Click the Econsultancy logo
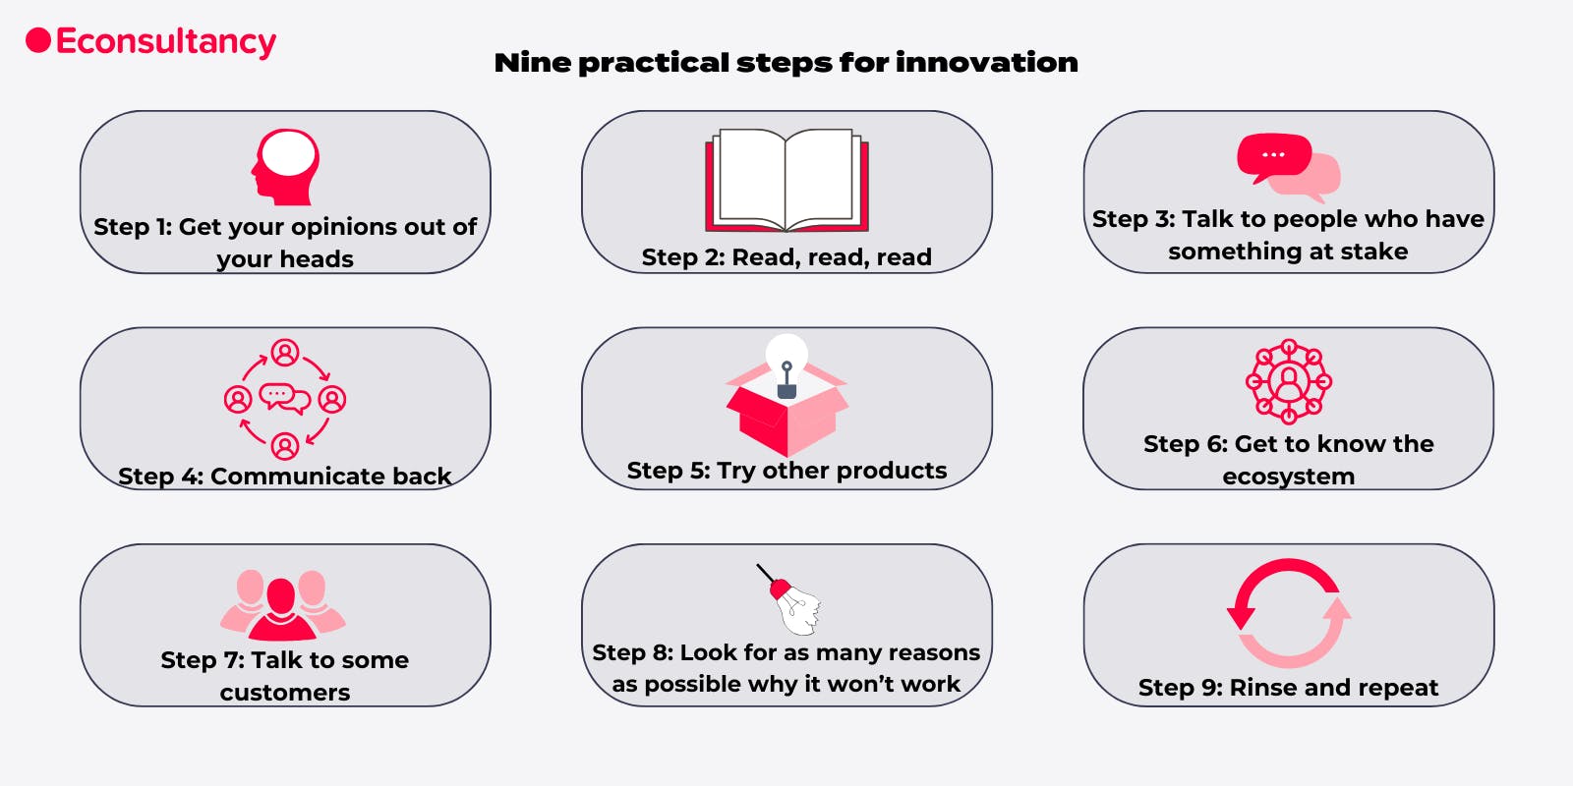point(151,41)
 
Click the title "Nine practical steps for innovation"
point(786,63)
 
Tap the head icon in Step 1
point(285,167)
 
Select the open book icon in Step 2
point(786,180)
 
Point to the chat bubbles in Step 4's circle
point(284,398)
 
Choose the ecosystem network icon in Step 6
point(1288,381)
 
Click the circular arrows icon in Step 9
point(1288,613)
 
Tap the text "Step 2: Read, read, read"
point(786,257)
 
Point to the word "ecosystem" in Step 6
point(1288,477)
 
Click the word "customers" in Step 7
point(285,693)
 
